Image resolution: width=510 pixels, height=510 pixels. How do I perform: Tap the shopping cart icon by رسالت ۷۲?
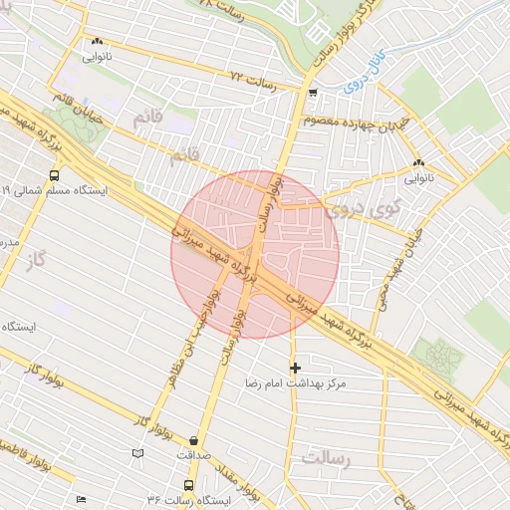(x=314, y=94)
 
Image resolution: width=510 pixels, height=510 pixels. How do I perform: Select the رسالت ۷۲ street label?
(x=249, y=76)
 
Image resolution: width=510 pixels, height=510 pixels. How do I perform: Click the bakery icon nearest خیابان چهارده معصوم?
(x=418, y=162)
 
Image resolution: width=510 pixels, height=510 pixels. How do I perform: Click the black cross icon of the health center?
(x=295, y=368)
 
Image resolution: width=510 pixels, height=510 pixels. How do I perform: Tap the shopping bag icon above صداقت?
(x=192, y=440)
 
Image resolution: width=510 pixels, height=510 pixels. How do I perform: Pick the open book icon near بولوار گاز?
(x=137, y=454)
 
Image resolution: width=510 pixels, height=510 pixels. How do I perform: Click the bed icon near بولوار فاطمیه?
(x=81, y=499)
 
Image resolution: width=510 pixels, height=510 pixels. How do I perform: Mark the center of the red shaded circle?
(x=255, y=253)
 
